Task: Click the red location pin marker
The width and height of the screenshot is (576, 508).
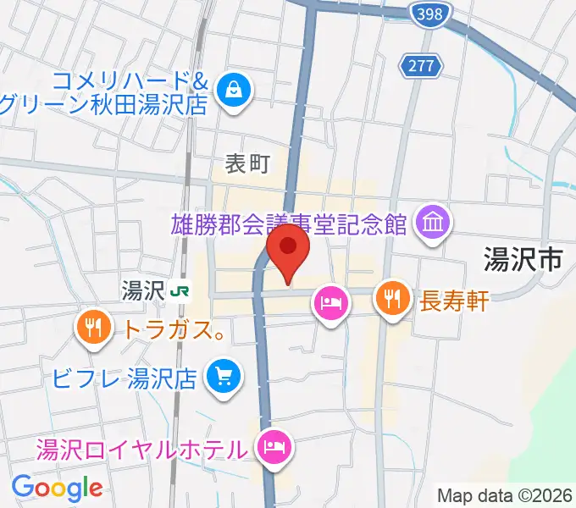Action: pos(288,249)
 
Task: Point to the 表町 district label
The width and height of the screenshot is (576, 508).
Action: pos(246,164)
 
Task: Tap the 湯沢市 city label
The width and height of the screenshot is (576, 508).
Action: pos(523,260)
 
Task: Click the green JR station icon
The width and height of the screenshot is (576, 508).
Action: pos(180,291)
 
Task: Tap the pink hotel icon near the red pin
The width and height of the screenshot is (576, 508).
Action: pos(330,302)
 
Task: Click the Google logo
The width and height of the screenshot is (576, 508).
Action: pos(57,487)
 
